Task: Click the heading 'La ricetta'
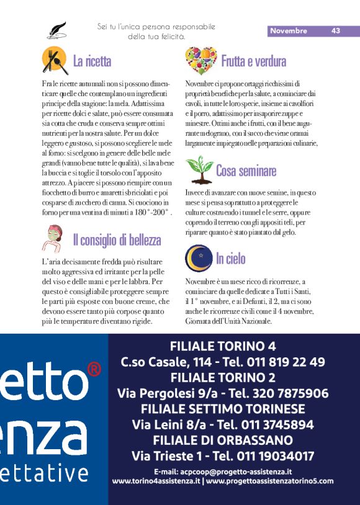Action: pyautogui.click(x=92, y=61)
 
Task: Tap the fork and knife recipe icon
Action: pyautogui.click(x=55, y=60)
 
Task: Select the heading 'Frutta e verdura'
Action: pyautogui.click(x=253, y=61)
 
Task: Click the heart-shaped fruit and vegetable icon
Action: pyautogui.click(x=200, y=60)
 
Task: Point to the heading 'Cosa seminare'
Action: pyautogui.click(x=246, y=170)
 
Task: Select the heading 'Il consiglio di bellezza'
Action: pyautogui.click(x=117, y=239)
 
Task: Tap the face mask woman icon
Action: pyautogui.click(x=54, y=239)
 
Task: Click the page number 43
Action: pyautogui.click(x=336, y=30)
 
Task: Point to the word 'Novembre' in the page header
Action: pyautogui.click(x=289, y=30)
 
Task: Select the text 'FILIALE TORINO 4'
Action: pyautogui.click(x=223, y=346)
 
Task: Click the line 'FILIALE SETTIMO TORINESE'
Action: pyautogui.click(x=223, y=409)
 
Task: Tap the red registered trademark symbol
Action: pyautogui.click(x=94, y=370)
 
